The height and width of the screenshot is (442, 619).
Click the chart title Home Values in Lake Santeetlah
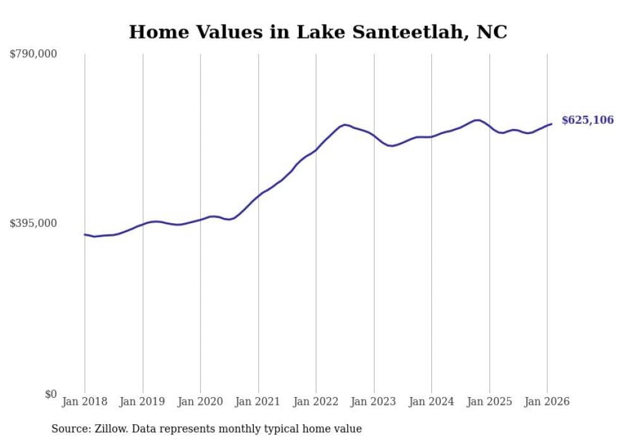(x=318, y=32)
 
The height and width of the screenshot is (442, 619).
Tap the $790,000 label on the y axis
(x=33, y=54)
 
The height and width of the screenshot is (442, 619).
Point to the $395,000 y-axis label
(x=33, y=223)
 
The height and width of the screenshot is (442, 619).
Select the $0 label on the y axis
(x=51, y=394)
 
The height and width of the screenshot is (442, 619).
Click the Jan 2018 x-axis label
(x=85, y=402)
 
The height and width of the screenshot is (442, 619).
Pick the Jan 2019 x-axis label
(x=142, y=402)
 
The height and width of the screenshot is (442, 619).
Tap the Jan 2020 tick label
(x=200, y=402)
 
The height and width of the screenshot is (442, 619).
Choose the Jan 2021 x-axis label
(x=258, y=402)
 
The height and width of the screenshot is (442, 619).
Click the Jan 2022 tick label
(x=316, y=402)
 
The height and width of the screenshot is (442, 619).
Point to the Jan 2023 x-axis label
(x=373, y=402)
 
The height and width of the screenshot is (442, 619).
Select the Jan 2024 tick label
(x=431, y=402)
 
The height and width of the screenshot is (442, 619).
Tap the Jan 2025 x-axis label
(x=489, y=402)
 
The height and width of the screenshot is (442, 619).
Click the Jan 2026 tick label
(x=547, y=402)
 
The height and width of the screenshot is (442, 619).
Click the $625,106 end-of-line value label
(x=587, y=120)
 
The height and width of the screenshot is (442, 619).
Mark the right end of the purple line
(x=551, y=124)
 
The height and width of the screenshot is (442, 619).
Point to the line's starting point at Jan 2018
(x=85, y=235)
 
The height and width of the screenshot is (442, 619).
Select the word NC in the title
(x=492, y=32)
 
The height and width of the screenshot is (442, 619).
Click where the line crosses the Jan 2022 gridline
(x=316, y=150)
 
